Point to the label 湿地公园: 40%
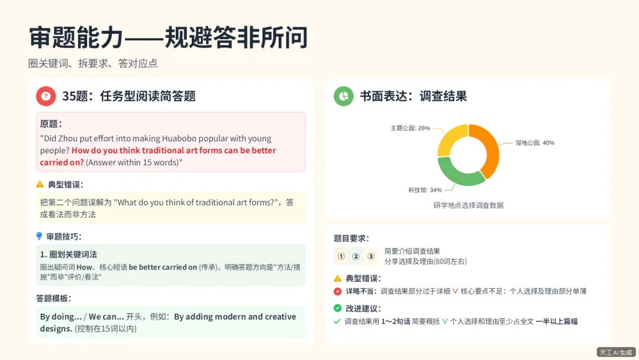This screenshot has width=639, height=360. click(534, 143)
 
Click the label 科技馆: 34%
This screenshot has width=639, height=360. click(425, 190)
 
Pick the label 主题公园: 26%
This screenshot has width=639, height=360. click(410, 128)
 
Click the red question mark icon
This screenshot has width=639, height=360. click(46, 96)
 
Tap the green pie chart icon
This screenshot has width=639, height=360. click(343, 96)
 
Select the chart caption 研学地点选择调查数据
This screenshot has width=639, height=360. click(468, 205)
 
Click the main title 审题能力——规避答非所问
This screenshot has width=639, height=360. click(168, 38)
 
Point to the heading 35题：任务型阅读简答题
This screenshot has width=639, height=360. click(129, 96)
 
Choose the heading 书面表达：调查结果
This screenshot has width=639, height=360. click(414, 96)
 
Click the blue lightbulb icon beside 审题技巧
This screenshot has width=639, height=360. click(39, 236)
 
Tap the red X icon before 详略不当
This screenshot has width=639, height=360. click(337, 291)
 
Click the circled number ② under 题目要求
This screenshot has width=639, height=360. click(356, 256)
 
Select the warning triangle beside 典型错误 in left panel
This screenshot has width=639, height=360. click(40, 184)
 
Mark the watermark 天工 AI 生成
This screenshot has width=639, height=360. click(616, 352)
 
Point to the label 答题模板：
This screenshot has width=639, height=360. click(53, 298)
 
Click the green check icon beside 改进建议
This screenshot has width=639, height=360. click(337, 308)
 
